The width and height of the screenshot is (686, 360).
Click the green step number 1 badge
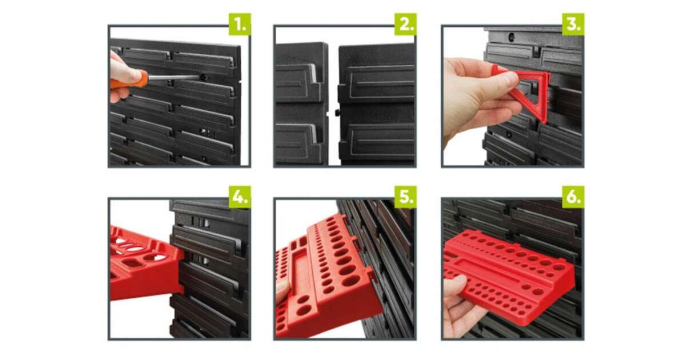pyautogui.click(x=240, y=24)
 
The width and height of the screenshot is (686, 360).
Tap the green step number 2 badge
pyautogui.click(x=405, y=24)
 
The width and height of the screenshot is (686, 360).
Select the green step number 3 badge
pyautogui.click(x=573, y=24)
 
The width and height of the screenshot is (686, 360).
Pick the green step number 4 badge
pyautogui.click(x=240, y=197)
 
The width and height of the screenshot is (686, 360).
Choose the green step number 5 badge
pyautogui.click(x=405, y=197)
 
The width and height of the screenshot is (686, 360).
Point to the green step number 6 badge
pyautogui.click(x=573, y=197)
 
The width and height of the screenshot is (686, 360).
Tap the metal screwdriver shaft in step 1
pyautogui.click(x=174, y=78)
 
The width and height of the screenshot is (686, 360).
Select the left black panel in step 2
pyautogui.click(x=302, y=104)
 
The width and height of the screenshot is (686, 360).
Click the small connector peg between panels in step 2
pyautogui.click(x=337, y=113)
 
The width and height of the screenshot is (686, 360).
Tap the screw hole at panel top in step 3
pyautogui.click(x=511, y=37)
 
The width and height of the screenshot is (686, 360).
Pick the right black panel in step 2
pyautogui.click(x=377, y=105)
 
